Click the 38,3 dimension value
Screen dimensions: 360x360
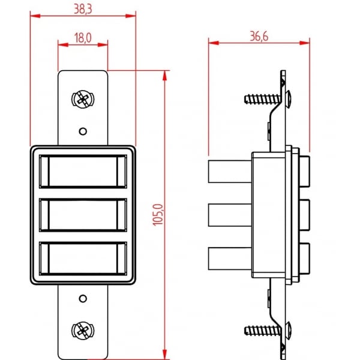83,9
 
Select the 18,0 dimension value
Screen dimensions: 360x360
83,38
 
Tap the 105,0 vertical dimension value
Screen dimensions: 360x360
158,215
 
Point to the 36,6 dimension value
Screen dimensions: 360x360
259,37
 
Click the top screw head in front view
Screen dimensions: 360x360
83,99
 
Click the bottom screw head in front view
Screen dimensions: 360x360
83,331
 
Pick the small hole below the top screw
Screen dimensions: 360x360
83,131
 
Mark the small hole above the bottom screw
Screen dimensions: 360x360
83,299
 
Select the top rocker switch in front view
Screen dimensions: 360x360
83,172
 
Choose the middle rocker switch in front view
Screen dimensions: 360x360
83,215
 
